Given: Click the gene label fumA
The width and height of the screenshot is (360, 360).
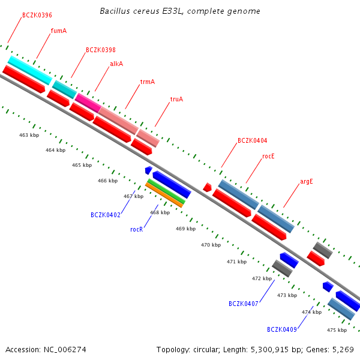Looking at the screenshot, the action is pos(59,31).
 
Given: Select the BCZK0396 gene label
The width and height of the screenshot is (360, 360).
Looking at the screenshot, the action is pos(37,15).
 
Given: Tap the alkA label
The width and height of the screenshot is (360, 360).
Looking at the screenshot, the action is pos(116,64).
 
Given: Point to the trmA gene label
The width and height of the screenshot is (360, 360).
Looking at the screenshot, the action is pos(148,82).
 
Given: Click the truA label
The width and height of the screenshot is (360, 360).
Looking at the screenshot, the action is pos(176,99).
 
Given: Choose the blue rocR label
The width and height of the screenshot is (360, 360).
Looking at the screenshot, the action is pos(136,229).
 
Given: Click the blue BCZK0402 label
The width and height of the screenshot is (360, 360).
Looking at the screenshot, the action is pos(106,215).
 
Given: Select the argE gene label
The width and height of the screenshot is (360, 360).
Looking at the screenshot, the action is pos(307,181).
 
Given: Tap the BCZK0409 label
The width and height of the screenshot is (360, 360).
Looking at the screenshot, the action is pos(282,329).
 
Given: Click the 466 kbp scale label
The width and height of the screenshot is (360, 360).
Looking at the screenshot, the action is pos(107,181).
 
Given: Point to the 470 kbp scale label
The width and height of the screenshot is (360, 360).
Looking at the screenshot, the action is pos(211,245).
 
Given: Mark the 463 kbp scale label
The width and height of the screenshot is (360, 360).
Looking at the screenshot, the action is pos(29,135).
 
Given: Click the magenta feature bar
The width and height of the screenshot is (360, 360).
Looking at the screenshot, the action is pos(88,103).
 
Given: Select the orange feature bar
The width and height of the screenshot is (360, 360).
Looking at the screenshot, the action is pos(164,195).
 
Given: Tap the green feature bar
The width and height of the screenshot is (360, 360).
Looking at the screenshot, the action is pos(166,191).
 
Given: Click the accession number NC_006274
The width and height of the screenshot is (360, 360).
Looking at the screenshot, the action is pos(65,350).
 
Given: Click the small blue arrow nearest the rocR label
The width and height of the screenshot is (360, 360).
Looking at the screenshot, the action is pos(149,170).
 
